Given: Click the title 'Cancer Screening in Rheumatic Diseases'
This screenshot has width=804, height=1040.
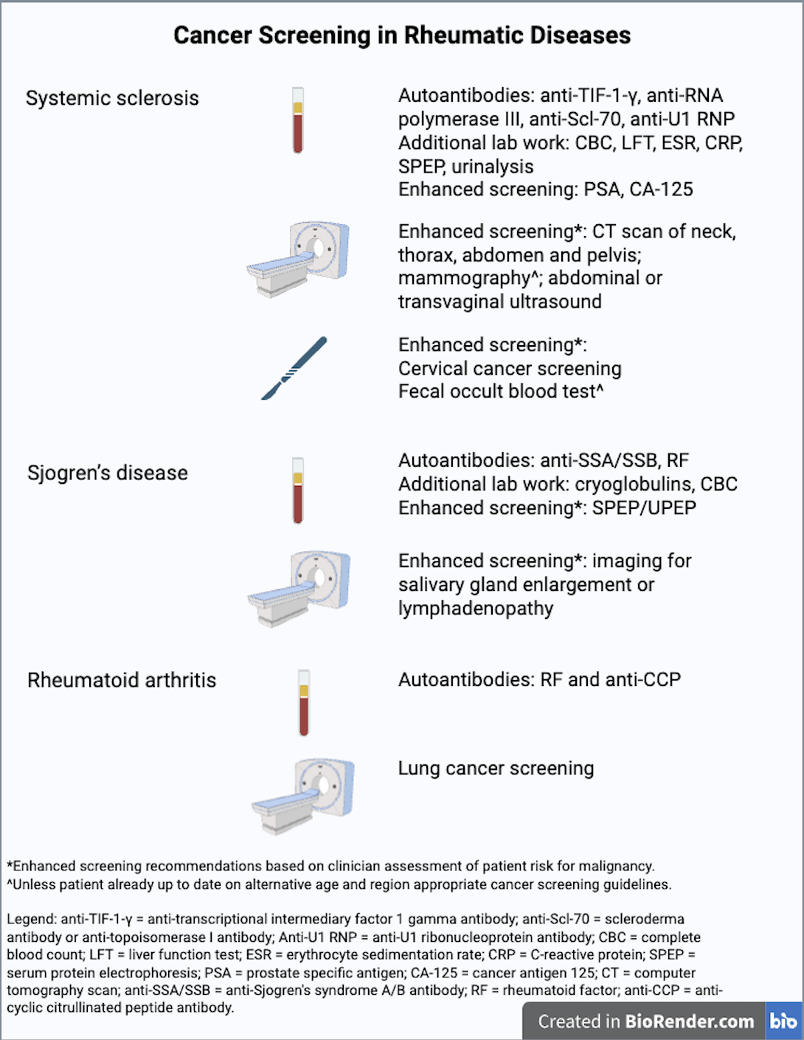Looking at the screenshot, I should [x=402, y=35].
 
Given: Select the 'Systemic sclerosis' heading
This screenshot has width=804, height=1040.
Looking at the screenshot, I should [x=112, y=98].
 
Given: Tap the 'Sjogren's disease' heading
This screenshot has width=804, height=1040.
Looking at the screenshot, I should [x=108, y=473].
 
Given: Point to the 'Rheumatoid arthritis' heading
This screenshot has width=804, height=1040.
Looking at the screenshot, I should [x=122, y=680].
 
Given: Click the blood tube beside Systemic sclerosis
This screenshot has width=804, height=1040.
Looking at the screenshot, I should [x=298, y=120].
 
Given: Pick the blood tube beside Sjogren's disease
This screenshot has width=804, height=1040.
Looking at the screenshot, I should [x=298, y=490].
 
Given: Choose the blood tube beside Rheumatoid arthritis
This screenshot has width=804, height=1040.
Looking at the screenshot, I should [x=304, y=703].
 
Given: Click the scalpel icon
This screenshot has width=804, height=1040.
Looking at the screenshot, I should [x=294, y=368].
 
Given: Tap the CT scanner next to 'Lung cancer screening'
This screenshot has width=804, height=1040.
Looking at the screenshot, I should [x=304, y=797].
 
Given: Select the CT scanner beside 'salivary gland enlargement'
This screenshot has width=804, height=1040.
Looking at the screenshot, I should [x=299, y=588].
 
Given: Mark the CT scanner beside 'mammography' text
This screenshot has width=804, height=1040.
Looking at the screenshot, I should [x=298, y=259].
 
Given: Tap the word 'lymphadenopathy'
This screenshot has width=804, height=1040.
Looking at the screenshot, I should [x=476, y=609].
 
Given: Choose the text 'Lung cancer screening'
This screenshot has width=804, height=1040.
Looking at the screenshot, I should [x=496, y=769].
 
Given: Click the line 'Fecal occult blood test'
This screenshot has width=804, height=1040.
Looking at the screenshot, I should [x=499, y=392].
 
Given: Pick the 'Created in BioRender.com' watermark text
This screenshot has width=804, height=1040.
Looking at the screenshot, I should [x=645, y=1022].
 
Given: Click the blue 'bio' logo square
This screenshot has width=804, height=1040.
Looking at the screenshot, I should [x=783, y=1021].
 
